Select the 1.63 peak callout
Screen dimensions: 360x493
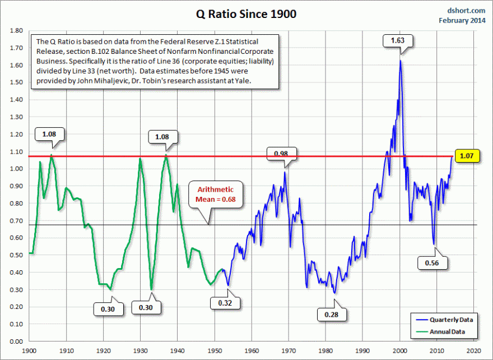tap(397, 40)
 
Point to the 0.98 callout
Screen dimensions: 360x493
tap(281, 154)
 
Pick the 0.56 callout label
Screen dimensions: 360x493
tap(431, 262)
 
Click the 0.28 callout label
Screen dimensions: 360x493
tap(331, 315)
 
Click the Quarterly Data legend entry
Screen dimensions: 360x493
tap(451, 319)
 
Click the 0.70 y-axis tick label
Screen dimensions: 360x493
tap(16, 220)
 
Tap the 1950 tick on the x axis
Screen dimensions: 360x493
tap(215, 350)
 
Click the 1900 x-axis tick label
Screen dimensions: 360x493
tap(29, 350)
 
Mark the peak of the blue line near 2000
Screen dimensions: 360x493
tap(400, 60)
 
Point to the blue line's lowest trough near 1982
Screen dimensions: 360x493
tap(334, 293)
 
